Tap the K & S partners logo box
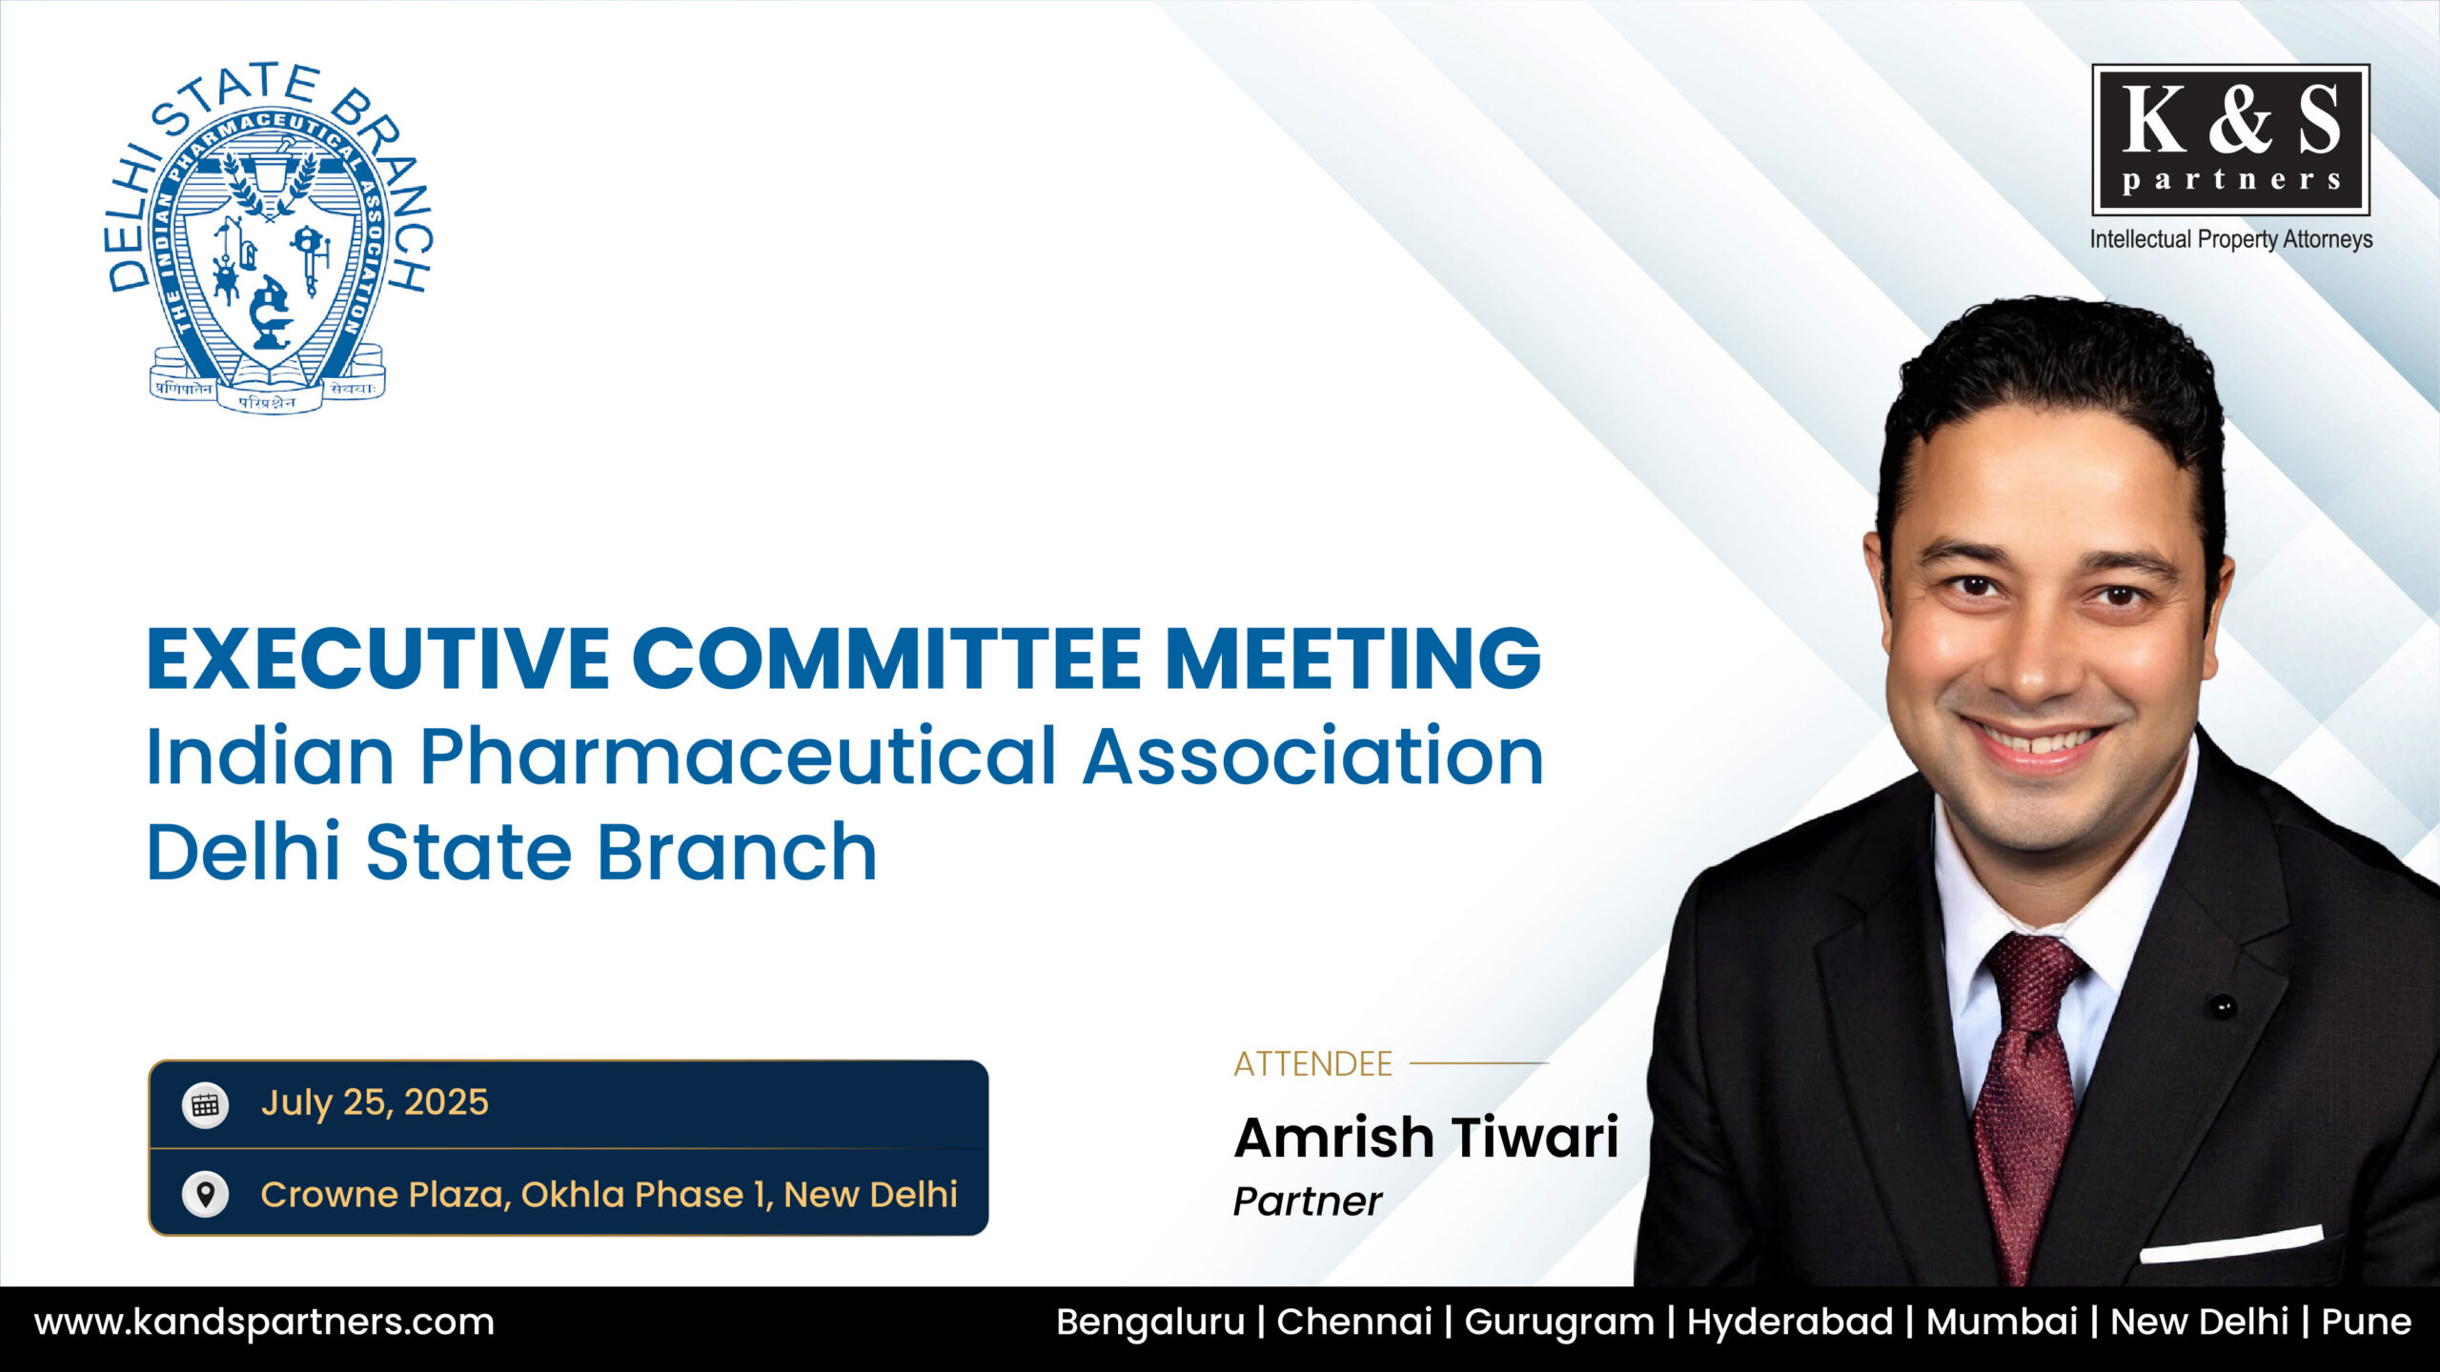(2230, 140)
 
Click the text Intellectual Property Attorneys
(2231, 239)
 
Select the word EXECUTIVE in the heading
(377, 658)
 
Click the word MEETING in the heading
(1352, 658)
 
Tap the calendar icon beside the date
(205, 1105)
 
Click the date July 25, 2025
(375, 1102)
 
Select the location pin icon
(205, 1194)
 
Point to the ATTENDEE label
(1313, 1063)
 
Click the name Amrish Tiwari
(1427, 1138)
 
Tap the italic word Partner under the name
(1308, 1201)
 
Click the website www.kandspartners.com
(265, 1322)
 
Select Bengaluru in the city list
(1150, 1322)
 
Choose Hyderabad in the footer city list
(1790, 1322)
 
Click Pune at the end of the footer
(2367, 1322)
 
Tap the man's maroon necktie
(2025, 1105)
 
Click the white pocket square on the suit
(2231, 1244)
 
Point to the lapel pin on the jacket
(2223, 1006)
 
